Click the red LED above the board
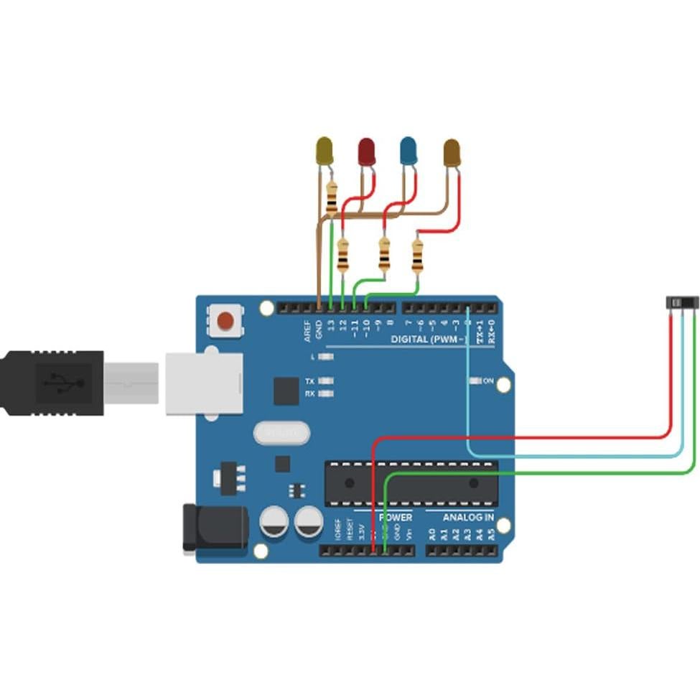[x=367, y=151]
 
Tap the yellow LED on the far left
[x=325, y=150]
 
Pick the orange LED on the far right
[x=452, y=152]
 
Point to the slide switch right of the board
[x=681, y=304]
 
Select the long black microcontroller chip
[x=411, y=482]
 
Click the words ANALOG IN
[x=467, y=517]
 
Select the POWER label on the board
[x=396, y=517]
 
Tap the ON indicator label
[x=488, y=381]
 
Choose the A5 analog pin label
[x=491, y=534]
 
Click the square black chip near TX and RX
[x=285, y=391]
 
